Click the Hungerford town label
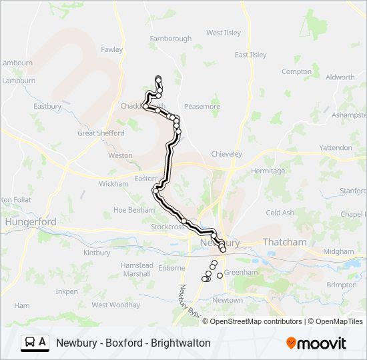point(31,221)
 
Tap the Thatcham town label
point(285,242)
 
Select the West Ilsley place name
point(223,33)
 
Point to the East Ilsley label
point(250,55)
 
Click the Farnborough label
point(170,39)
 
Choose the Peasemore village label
point(202,106)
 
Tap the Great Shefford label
point(101,133)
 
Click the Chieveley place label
point(226,154)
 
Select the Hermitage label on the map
point(268,171)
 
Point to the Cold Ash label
point(280,213)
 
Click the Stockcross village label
point(167,227)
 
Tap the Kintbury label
point(97,253)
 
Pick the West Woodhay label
point(115,305)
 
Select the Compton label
point(296,71)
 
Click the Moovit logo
point(316,343)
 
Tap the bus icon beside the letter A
point(31,343)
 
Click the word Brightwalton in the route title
point(181,343)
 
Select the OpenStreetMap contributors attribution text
point(256,321)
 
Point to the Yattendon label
point(336,147)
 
